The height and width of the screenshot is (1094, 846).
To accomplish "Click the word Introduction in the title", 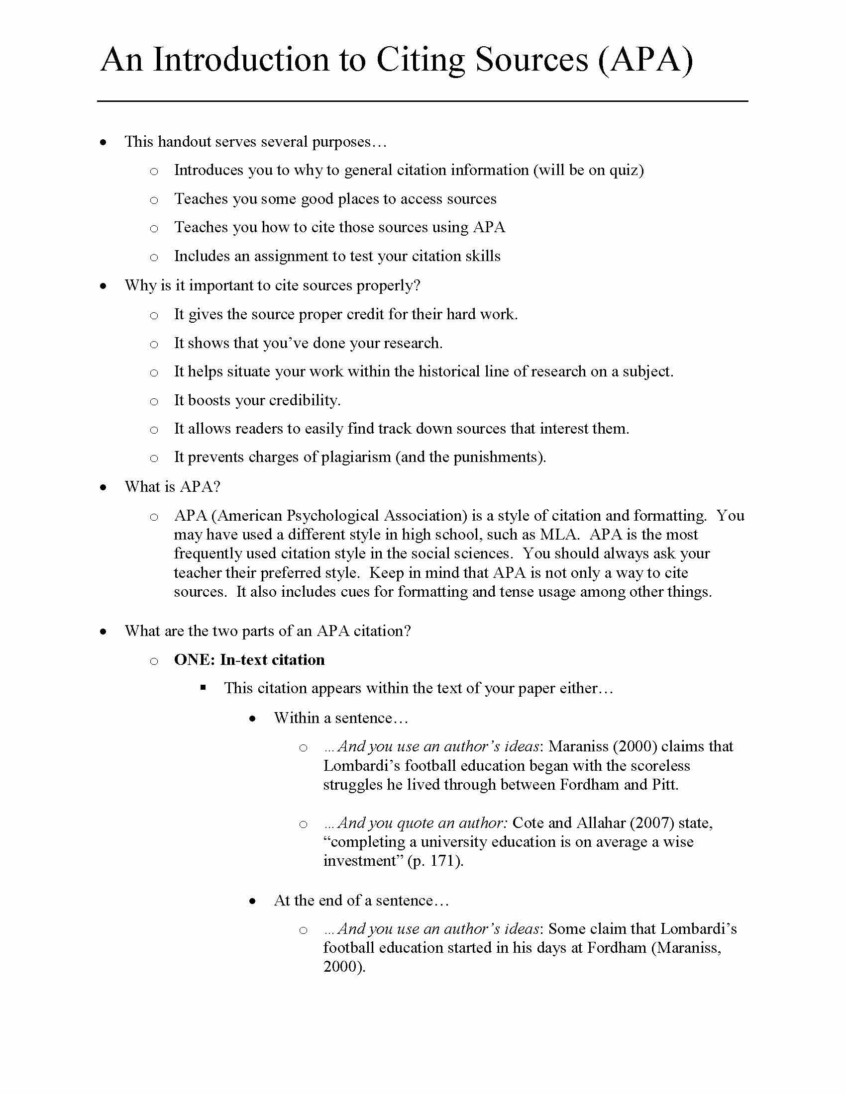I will point(241,60).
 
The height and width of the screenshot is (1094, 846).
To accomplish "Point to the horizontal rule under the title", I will point(422,101).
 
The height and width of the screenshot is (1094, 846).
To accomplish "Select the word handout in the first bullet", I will point(184,142).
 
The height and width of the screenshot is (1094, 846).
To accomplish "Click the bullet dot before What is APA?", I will point(103,487).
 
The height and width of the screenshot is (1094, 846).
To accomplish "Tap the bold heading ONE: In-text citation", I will point(249,660).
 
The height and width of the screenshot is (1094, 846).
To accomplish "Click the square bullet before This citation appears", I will point(203,688).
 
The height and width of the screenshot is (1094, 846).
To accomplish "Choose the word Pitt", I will point(665,784).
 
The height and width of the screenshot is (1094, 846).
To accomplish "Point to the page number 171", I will point(442,861).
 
